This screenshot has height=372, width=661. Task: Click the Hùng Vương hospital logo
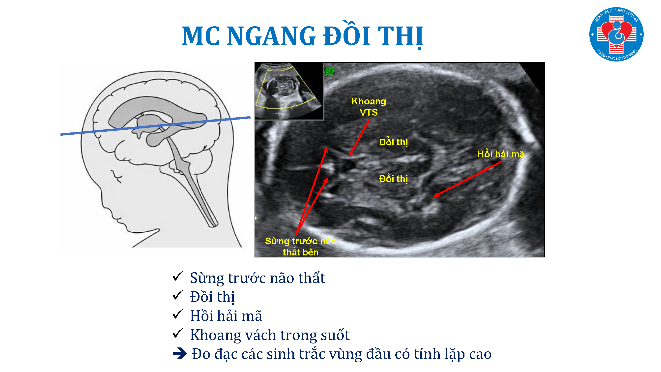[x=616, y=34]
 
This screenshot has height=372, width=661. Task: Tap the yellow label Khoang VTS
[x=369, y=107]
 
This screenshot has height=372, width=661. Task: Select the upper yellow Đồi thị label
[x=393, y=142]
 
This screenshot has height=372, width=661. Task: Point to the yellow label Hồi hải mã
[x=501, y=154]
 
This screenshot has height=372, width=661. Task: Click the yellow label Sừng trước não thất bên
[x=300, y=247]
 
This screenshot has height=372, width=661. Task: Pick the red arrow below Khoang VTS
[x=359, y=138]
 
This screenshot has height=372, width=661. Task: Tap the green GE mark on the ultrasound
[x=329, y=71]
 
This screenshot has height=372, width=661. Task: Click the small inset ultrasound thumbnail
[x=289, y=91]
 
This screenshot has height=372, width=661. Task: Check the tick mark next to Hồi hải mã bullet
[x=177, y=314]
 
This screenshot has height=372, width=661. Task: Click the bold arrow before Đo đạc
[x=180, y=353]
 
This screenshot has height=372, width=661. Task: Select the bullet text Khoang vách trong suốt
[x=270, y=335]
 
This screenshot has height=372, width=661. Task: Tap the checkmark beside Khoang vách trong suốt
[x=177, y=333]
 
